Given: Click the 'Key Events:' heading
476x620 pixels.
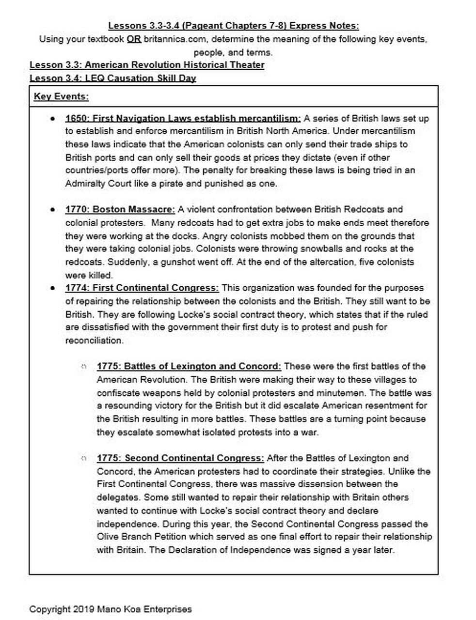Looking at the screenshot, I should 61,96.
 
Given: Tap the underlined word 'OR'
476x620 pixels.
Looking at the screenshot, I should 134,39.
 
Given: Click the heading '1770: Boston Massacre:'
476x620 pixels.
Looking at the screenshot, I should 120,210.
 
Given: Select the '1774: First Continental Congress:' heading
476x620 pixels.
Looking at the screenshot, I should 142,288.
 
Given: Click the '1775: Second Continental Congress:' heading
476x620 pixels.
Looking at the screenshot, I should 180,458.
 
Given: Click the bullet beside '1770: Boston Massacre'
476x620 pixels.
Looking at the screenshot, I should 52,210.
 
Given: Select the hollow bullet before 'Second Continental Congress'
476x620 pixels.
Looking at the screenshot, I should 84,458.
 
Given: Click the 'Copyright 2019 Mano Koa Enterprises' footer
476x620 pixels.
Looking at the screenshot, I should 111,609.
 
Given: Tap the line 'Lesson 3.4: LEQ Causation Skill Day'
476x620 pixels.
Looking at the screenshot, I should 113,78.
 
